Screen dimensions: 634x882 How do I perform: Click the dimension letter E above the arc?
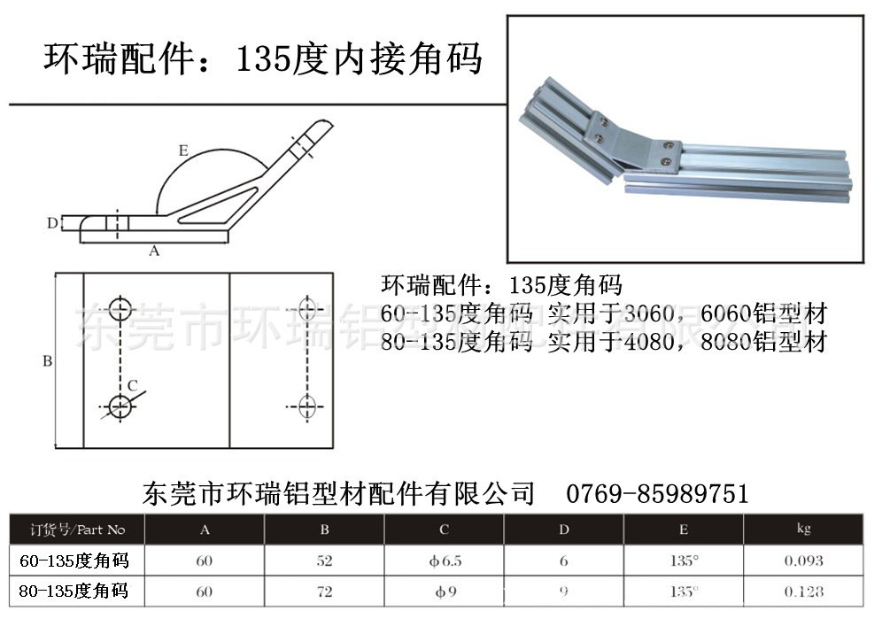(x=183, y=151)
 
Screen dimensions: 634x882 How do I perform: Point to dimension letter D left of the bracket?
(x=52, y=223)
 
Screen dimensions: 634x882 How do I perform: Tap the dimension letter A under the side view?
(x=154, y=251)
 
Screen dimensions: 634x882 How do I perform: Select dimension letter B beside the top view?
(x=48, y=361)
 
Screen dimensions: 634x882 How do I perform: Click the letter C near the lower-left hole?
(x=132, y=385)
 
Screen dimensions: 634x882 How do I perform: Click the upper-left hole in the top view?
(x=120, y=309)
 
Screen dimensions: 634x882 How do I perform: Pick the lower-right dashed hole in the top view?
(x=307, y=406)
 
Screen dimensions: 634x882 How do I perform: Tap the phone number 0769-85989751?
(x=656, y=493)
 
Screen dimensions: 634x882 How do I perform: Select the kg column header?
(x=803, y=529)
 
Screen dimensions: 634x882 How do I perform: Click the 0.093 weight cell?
(x=803, y=561)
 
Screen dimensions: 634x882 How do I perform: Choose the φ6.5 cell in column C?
(x=444, y=561)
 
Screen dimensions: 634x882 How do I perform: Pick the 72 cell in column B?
(x=324, y=591)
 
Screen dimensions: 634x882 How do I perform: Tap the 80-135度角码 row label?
(x=73, y=591)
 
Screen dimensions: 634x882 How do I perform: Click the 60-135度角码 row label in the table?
(x=73, y=561)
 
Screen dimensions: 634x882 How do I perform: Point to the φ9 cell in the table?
(x=444, y=591)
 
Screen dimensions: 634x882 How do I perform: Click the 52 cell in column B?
(x=324, y=561)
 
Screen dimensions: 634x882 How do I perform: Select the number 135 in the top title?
(x=257, y=60)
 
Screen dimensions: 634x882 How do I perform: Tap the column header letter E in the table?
(x=684, y=530)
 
